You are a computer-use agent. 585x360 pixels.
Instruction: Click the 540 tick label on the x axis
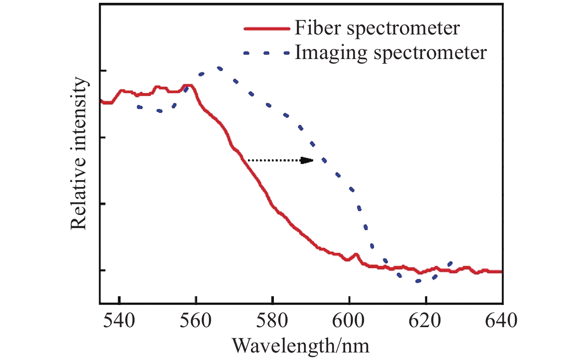(119, 320)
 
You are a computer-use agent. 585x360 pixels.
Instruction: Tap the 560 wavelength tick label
(195, 320)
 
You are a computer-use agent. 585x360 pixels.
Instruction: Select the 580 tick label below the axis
(272, 320)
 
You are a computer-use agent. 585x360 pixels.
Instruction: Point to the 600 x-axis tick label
(348, 320)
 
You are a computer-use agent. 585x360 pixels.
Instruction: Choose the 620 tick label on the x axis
(425, 320)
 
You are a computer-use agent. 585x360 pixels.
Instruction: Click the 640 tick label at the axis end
(501, 320)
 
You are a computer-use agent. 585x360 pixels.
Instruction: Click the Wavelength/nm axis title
(300, 345)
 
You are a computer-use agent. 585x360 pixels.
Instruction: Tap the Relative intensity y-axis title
(78, 153)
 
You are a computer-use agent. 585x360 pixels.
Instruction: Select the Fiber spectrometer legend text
(377, 28)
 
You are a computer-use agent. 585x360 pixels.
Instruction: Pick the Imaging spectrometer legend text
(390, 53)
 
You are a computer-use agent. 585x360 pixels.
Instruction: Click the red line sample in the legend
(266, 29)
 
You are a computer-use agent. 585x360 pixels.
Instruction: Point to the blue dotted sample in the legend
(266, 53)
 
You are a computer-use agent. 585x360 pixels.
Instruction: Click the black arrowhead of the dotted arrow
(307, 160)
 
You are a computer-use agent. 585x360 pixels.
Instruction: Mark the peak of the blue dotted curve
(219, 69)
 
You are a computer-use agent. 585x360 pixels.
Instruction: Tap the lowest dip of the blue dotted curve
(418, 281)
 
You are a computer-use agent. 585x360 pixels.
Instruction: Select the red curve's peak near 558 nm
(188, 85)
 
